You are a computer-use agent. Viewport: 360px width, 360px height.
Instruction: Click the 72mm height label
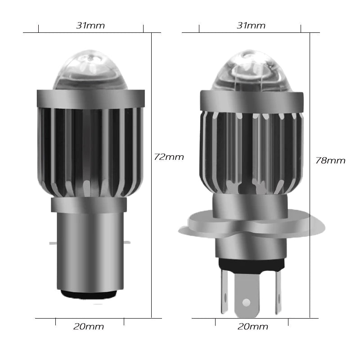169,157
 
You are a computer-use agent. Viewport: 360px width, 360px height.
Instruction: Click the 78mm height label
330,161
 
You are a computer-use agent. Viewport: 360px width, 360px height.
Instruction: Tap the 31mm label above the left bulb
90,26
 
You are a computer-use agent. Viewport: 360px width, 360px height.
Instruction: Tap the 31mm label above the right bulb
251,26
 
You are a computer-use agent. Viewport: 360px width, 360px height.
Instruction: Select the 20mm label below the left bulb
89,327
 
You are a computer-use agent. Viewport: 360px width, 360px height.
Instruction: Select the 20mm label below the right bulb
253,327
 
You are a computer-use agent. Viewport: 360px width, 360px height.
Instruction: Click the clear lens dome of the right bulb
250,72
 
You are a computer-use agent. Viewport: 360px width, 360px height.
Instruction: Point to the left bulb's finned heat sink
90,148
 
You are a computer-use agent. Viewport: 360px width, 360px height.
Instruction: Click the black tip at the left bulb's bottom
90,294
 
